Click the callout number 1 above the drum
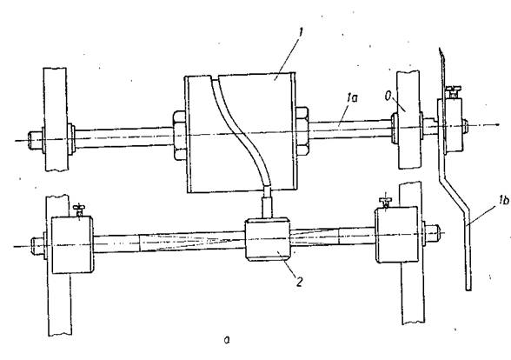[x=301, y=33]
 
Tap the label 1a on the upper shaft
[x=352, y=97]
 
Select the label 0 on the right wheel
[x=388, y=97]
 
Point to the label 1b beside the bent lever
[x=503, y=200]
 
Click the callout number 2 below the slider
[x=299, y=282]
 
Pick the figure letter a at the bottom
[x=227, y=340]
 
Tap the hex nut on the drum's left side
[x=179, y=135]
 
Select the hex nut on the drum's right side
[x=302, y=130]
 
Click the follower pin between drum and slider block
[x=267, y=202]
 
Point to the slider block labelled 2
[x=268, y=240]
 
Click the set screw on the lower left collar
[x=78, y=210]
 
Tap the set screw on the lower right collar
[x=385, y=202]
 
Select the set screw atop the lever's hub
[x=453, y=91]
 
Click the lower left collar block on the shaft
[x=72, y=244]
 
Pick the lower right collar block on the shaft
[x=396, y=234]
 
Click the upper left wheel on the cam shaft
[x=56, y=119]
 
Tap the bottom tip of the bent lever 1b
[x=468, y=290]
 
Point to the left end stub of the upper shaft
[x=35, y=140]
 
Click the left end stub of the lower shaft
[x=38, y=246]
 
